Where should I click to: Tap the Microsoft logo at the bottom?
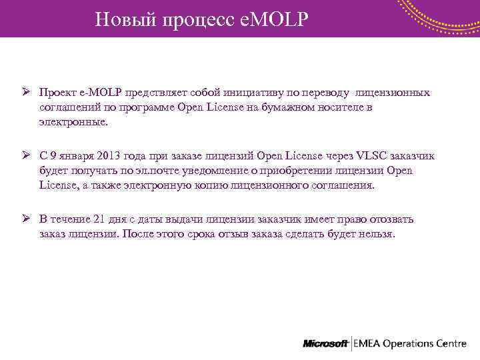[x=325, y=344]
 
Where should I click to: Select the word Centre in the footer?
[x=451, y=344]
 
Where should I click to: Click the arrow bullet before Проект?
[x=24, y=92]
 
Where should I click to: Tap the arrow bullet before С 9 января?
[x=24, y=155]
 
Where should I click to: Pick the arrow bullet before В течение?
[x=24, y=219]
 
